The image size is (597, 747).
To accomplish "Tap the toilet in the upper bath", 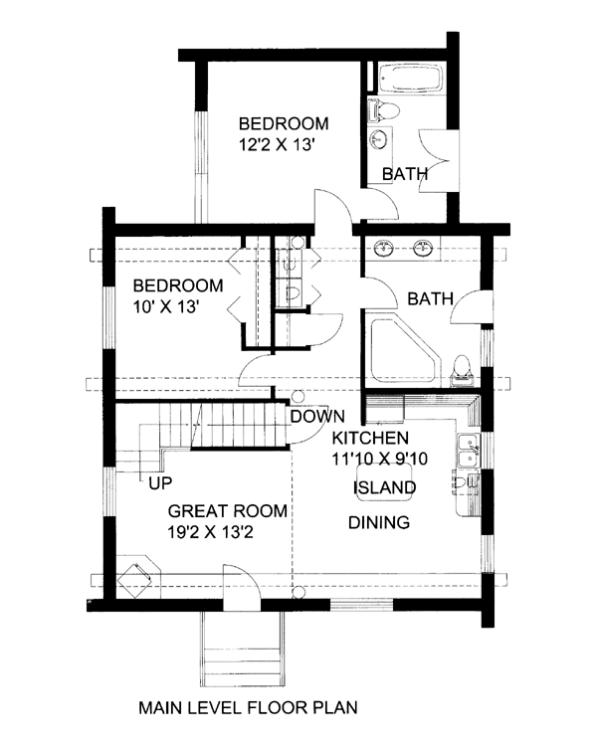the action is click(x=384, y=110).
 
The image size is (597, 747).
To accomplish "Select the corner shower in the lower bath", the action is click(x=404, y=351).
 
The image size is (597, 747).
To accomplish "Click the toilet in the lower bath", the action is click(x=461, y=371).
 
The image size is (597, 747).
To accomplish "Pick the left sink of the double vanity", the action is click(x=384, y=248).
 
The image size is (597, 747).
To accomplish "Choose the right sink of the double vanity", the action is click(x=423, y=248).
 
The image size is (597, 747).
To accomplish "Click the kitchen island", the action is click(x=384, y=482).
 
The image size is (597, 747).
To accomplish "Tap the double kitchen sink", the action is click(x=469, y=451).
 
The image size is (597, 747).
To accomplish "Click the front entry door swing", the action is click(x=242, y=588).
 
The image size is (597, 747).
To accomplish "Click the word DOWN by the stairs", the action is click(x=317, y=417).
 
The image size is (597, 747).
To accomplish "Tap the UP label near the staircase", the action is click(x=160, y=483).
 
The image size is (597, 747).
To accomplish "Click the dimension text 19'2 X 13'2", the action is click(x=210, y=532).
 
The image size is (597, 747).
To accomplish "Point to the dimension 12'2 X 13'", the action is click(x=278, y=144).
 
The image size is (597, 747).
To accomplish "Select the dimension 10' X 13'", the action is click(x=166, y=306).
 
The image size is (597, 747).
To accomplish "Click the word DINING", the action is click(x=379, y=522).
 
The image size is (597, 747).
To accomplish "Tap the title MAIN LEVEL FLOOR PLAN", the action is click(x=248, y=707).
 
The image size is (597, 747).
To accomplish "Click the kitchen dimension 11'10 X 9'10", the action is click(x=380, y=459).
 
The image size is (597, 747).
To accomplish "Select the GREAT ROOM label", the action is click(x=227, y=511).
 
